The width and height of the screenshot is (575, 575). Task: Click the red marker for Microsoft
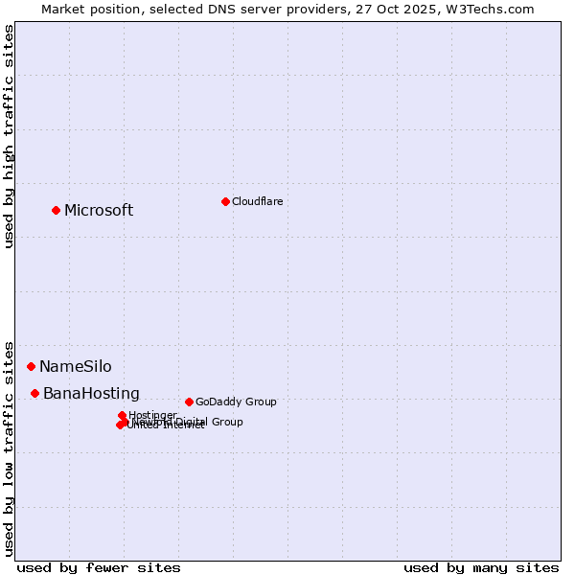click(56, 210)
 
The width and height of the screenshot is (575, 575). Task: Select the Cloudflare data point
click(225, 201)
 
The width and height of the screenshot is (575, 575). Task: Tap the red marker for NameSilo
click(31, 366)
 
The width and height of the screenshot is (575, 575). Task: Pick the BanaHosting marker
click(34, 393)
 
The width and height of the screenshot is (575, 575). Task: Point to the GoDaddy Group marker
click(189, 402)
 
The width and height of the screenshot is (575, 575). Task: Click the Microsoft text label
click(99, 211)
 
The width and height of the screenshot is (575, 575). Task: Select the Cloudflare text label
click(257, 201)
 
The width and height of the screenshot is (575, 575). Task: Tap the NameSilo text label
click(75, 367)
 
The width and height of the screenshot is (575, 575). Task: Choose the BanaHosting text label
click(91, 394)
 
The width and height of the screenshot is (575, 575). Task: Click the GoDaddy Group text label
click(236, 402)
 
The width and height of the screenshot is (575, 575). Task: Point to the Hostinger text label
click(153, 415)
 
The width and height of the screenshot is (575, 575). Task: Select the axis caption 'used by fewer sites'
click(99, 567)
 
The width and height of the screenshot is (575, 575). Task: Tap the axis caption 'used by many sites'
click(481, 567)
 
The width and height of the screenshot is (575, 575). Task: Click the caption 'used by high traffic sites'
click(10, 137)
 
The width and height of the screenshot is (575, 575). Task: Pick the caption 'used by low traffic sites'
click(10, 448)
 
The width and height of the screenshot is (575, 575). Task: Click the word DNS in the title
click(217, 9)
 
